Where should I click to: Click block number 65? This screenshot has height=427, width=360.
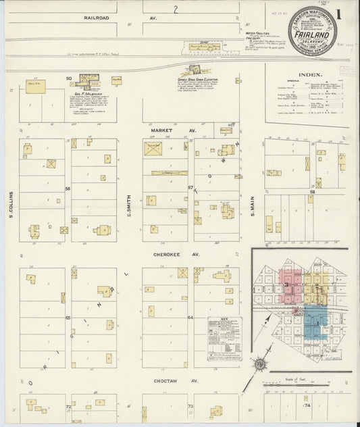pos(68,317)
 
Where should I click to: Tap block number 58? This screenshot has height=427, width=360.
pos(312,192)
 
